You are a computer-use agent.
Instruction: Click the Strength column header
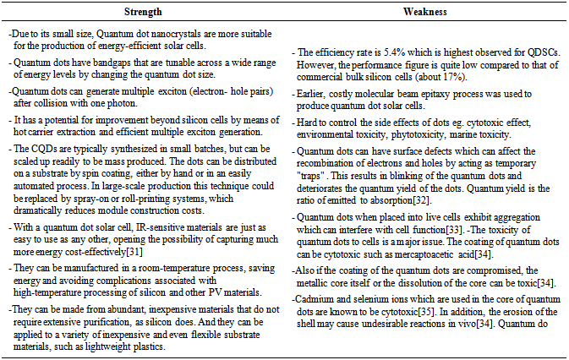[x=143, y=13]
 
